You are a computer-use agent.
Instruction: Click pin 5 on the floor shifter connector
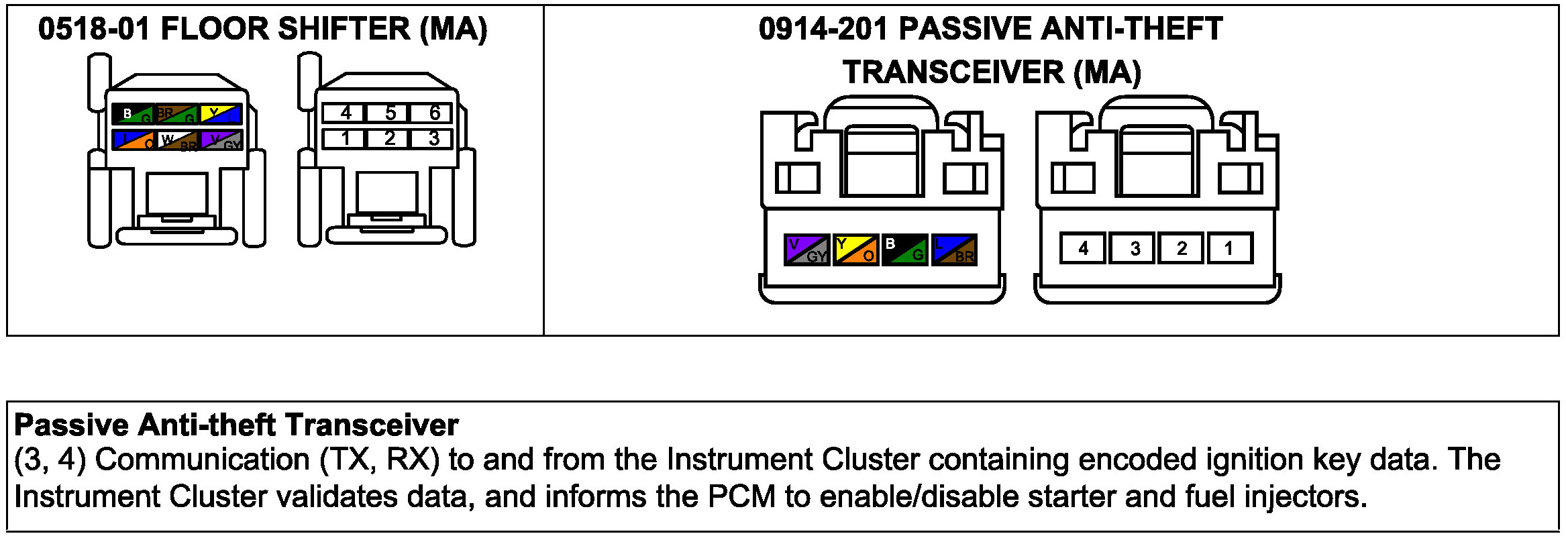click(389, 113)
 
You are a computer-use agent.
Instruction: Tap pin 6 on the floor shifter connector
click(433, 113)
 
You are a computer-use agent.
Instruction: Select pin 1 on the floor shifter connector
click(345, 139)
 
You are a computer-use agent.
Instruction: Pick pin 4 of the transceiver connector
click(1082, 249)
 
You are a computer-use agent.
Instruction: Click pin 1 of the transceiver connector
click(1229, 249)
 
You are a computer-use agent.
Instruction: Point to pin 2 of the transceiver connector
click(1181, 249)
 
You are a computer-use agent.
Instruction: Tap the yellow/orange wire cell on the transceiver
click(855, 250)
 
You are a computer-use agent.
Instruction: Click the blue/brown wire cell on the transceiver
click(954, 250)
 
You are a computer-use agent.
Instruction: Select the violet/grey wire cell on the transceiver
click(806, 250)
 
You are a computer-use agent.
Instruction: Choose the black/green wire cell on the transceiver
click(904, 250)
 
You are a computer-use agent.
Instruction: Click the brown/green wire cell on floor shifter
click(176, 115)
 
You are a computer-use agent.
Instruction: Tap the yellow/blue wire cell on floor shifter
click(221, 115)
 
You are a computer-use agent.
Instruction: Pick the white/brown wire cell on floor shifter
click(177, 140)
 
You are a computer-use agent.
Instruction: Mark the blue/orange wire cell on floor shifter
click(134, 140)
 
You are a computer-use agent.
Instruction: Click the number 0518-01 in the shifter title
click(94, 30)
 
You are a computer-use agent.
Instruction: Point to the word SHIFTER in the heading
click(344, 30)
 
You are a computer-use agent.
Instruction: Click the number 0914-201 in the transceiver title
click(823, 30)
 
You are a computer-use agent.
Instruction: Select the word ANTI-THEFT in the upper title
click(1132, 30)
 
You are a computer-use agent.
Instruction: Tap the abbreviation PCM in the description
click(741, 497)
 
